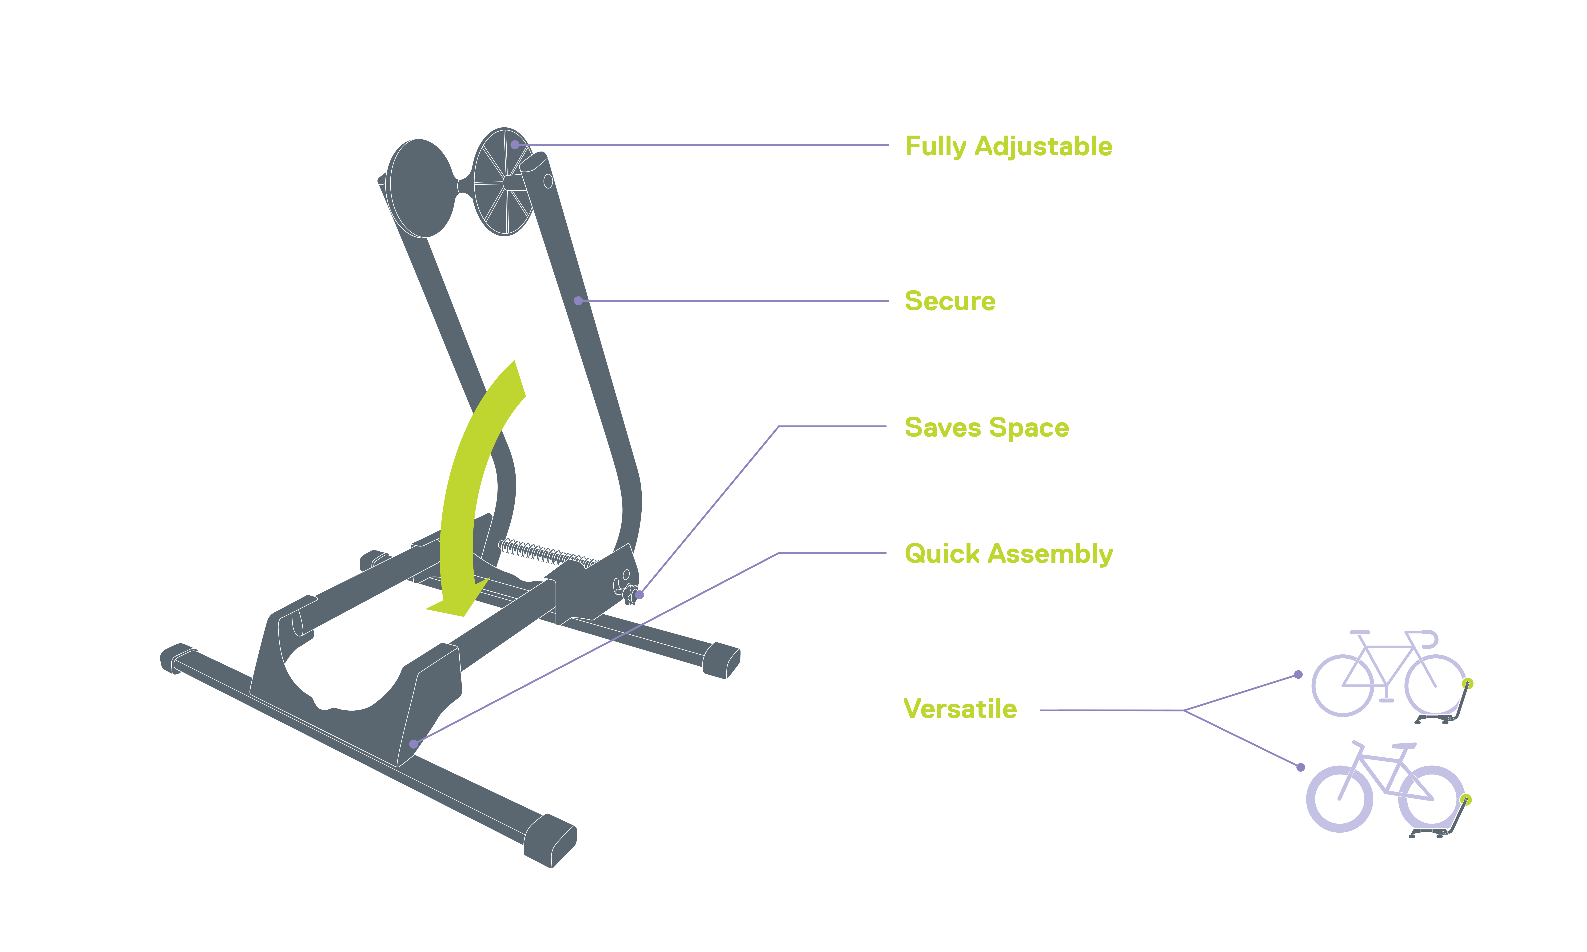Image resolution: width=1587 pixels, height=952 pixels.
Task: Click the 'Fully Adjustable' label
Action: coord(1008,146)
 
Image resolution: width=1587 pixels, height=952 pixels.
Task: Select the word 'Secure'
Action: coord(950,301)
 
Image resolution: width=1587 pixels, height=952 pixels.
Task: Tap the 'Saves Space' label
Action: coord(987,427)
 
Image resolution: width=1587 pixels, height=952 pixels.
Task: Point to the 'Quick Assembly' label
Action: coord(1008,554)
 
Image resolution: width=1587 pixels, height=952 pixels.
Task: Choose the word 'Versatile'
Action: coord(960,709)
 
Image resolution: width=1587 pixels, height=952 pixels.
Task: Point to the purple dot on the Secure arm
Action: coord(578,300)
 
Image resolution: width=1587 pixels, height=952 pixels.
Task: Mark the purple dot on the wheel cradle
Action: coord(413,744)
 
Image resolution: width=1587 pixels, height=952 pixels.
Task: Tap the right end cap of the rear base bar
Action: coord(722,660)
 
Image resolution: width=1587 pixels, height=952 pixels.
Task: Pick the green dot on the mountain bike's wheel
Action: coord(1466,799)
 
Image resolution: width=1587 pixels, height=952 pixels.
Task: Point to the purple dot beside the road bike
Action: coord(1298,674)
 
